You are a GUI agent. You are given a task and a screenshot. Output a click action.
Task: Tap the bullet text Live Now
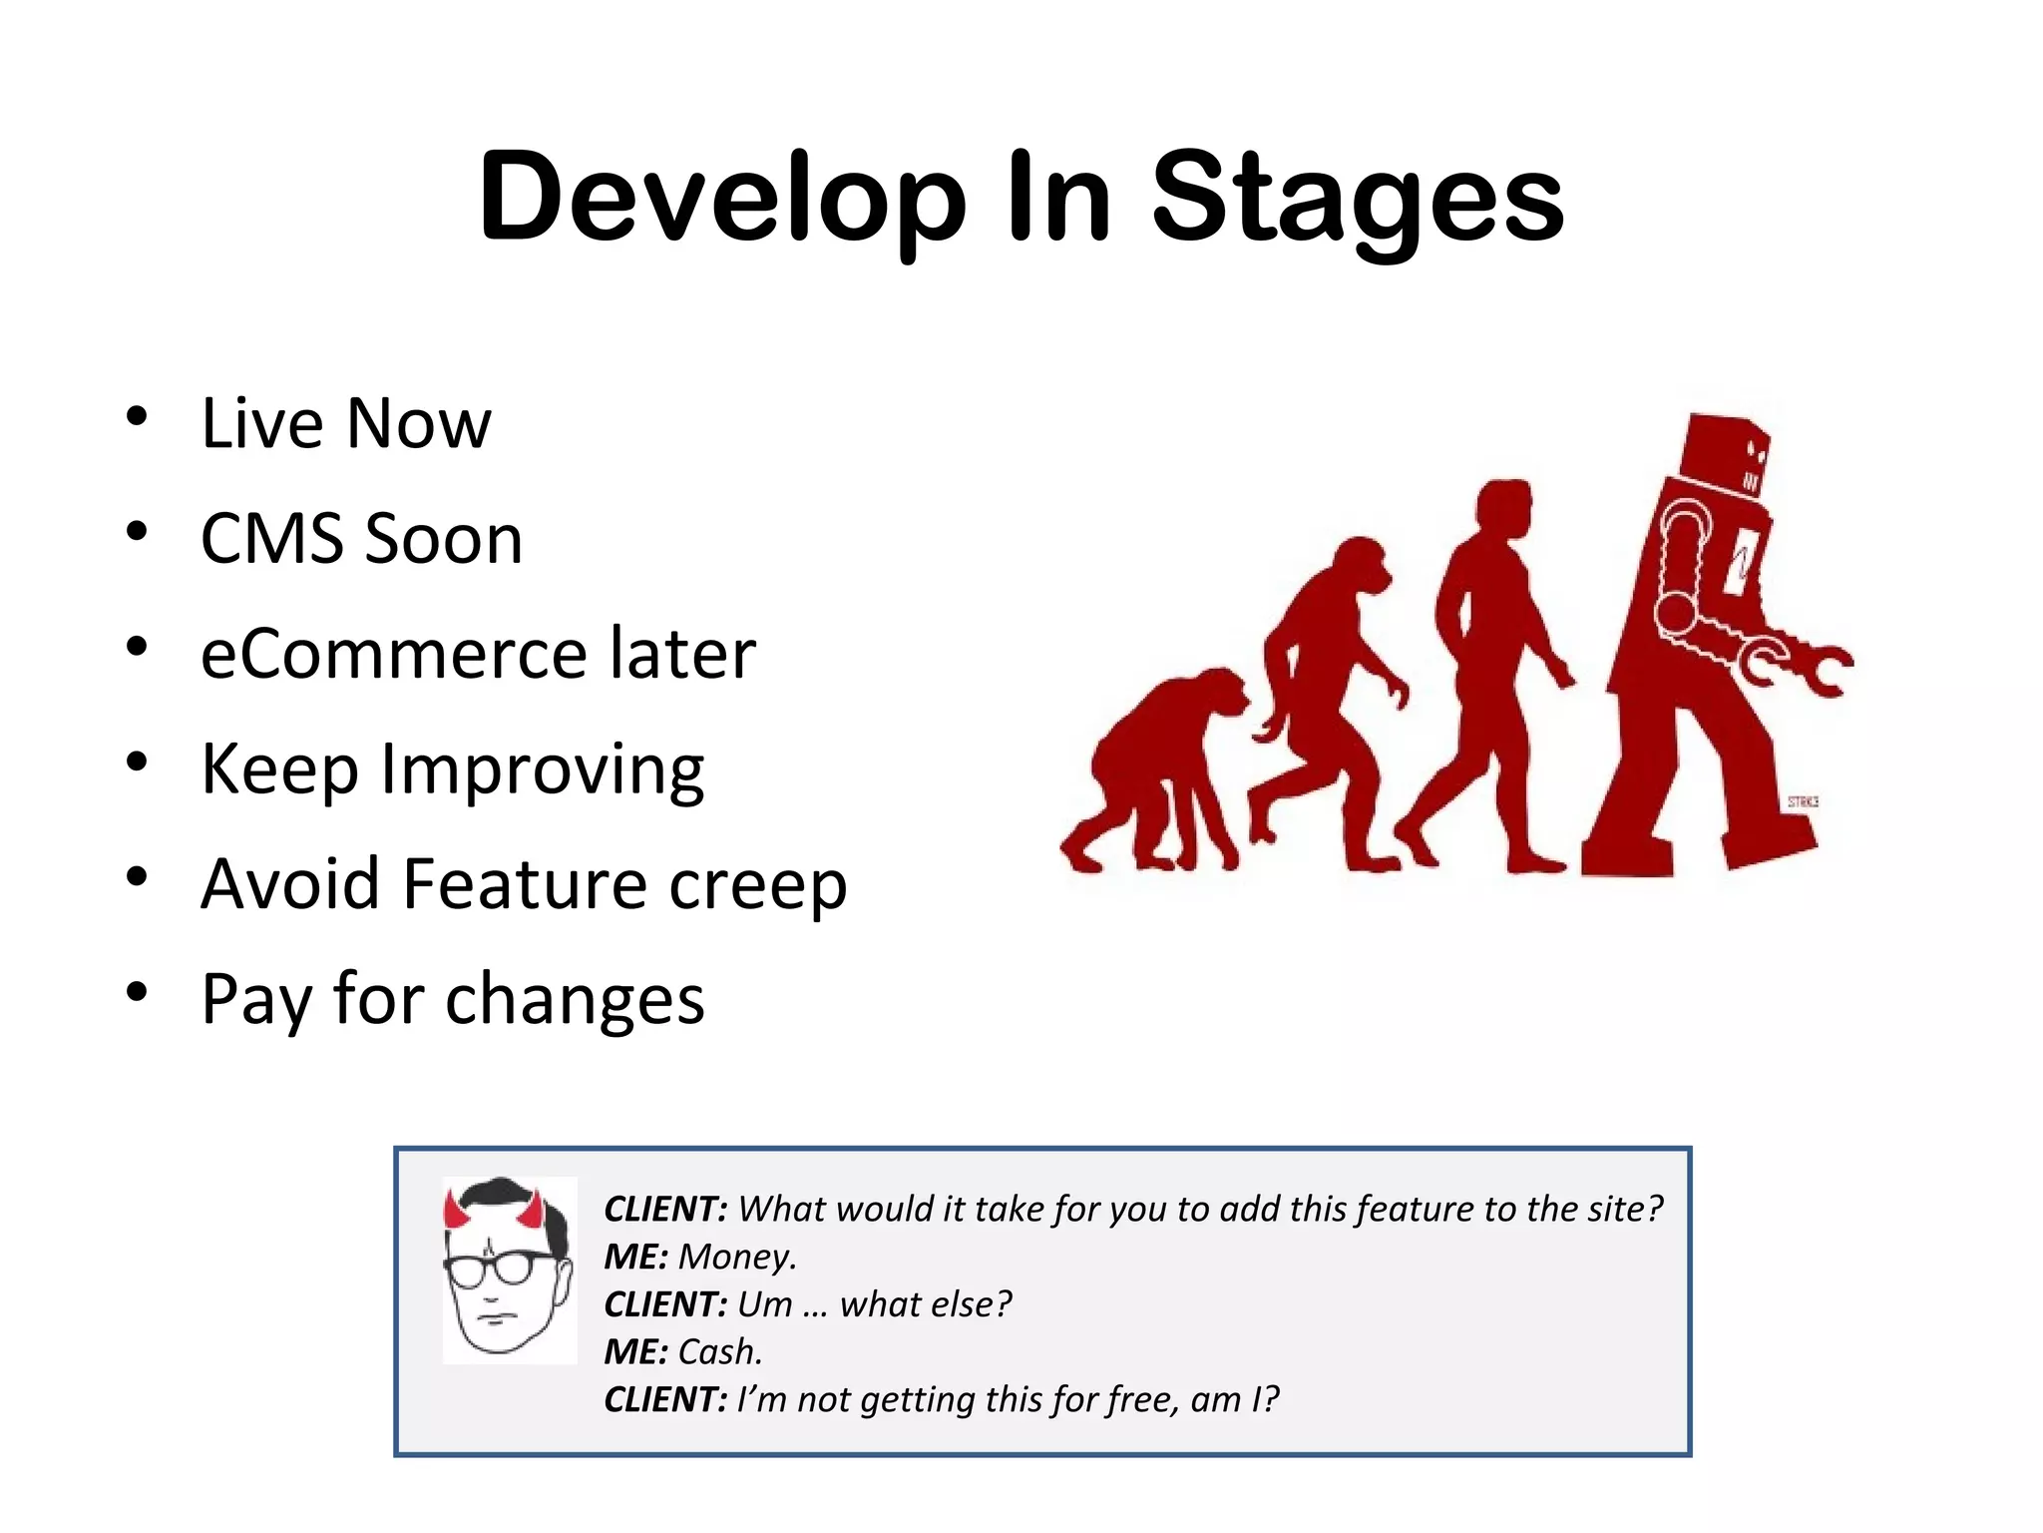[x=345, y=423]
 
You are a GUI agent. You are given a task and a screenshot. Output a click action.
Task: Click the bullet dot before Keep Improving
[x=137, y=764]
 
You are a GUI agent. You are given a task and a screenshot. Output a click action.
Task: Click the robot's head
[x=1724, y=455]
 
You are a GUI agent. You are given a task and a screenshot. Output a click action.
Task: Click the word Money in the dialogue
[x=736, y=1257]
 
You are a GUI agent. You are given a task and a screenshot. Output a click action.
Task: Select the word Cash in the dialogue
[x=719, y=1352]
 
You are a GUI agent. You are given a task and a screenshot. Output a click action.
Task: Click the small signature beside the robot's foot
[x=1802, y=801]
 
